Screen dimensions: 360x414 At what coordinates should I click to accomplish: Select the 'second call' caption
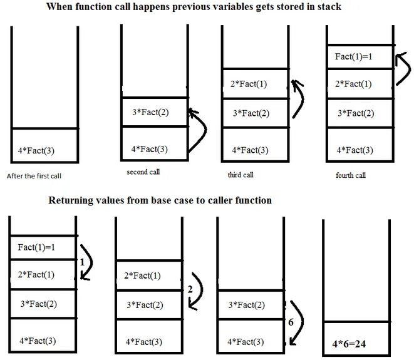pos(143,172)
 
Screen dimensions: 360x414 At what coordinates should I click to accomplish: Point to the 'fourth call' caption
pos(351,175)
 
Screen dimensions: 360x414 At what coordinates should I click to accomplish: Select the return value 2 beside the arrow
pos(189,289)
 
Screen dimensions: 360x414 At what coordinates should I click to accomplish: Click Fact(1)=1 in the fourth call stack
pos(354,57)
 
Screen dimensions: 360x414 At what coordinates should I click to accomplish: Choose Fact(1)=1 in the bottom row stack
pos(38,247)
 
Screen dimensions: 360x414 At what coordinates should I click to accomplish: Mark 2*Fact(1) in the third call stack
pos(249,84)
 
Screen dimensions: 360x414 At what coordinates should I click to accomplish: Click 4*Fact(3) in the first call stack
pos(38,150)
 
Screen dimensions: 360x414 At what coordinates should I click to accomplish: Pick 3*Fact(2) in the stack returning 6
pos(246,305)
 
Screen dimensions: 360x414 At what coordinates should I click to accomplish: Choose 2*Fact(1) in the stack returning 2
pos(142,275)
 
